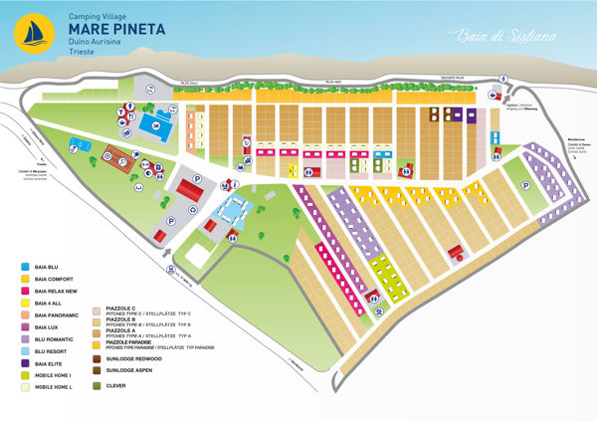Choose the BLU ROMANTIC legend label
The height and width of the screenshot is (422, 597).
tap(55, 338)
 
